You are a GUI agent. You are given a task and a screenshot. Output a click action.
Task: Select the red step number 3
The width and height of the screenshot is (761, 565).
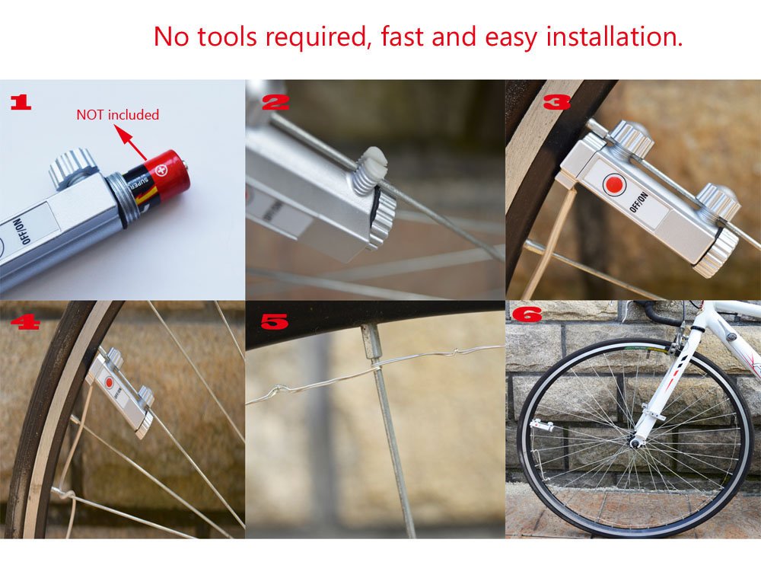tap(557, 102)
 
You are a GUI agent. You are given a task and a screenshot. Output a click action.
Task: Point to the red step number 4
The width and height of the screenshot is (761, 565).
tap(24, 323)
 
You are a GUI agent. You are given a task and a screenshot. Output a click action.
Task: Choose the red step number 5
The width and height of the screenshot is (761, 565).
tap(274, 322)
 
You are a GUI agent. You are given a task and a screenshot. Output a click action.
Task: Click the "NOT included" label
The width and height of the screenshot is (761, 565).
tap(117, 115)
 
